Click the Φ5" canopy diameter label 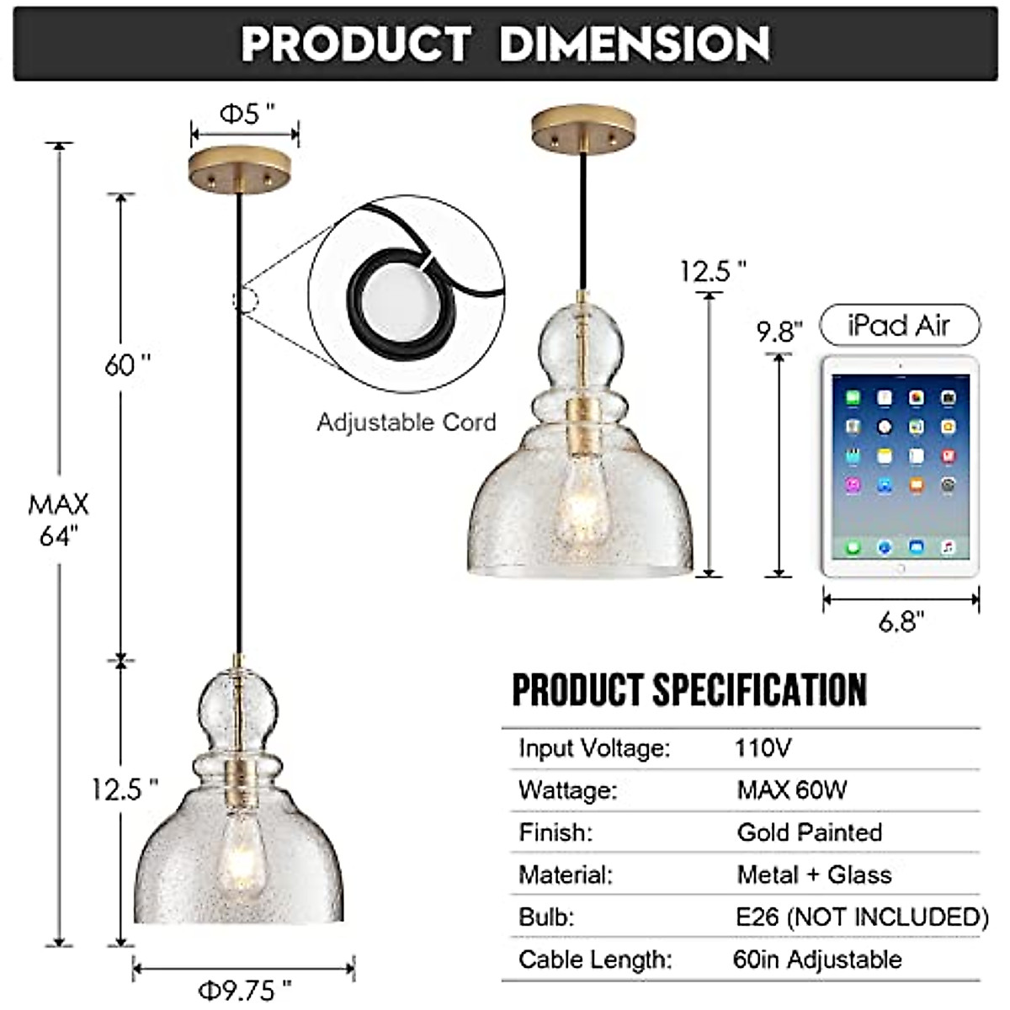click(247, 114)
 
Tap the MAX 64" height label click(58, 519)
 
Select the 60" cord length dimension click(127, 365)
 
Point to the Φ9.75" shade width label click(244, 990)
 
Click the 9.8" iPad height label click(779, 332)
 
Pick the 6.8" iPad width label click(901, 622)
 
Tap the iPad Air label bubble click(900, 325)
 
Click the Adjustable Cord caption click(407, 422)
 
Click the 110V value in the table click(763, 747)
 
